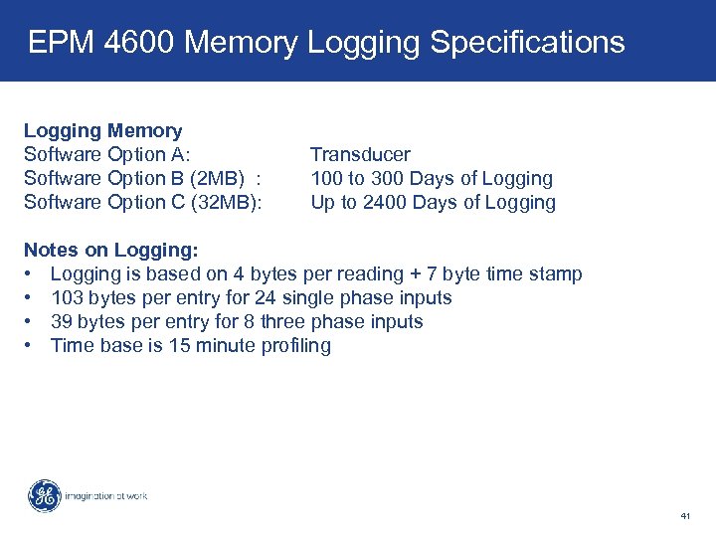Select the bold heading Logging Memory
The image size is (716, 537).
tap(102, 130)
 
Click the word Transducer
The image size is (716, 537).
tap(360, 154)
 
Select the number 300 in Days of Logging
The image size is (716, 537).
tap(387, 178)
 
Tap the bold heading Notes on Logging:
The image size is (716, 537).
tap(110, 250)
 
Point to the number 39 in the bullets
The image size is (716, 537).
tap(61, 321)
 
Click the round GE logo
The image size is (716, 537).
tap(44, 495)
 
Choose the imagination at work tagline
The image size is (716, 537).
tap(105, 495)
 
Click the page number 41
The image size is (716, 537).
tap(685, 516)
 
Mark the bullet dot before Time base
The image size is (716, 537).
tap(30, 345)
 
